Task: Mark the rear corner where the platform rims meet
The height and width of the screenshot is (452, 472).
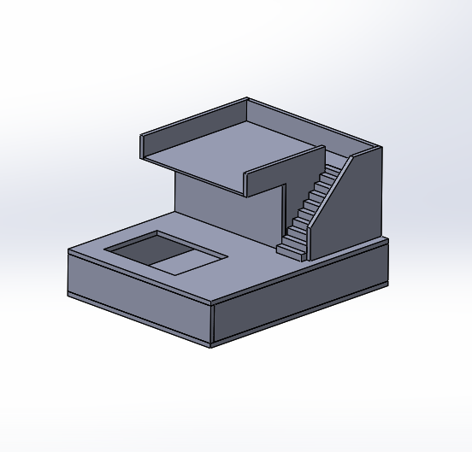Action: [247, 99]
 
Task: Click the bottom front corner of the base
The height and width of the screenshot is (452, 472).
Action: [211, 347]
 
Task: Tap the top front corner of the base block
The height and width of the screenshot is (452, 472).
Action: [211, 304]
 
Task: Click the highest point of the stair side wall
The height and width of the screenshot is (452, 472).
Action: [380, 148]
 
